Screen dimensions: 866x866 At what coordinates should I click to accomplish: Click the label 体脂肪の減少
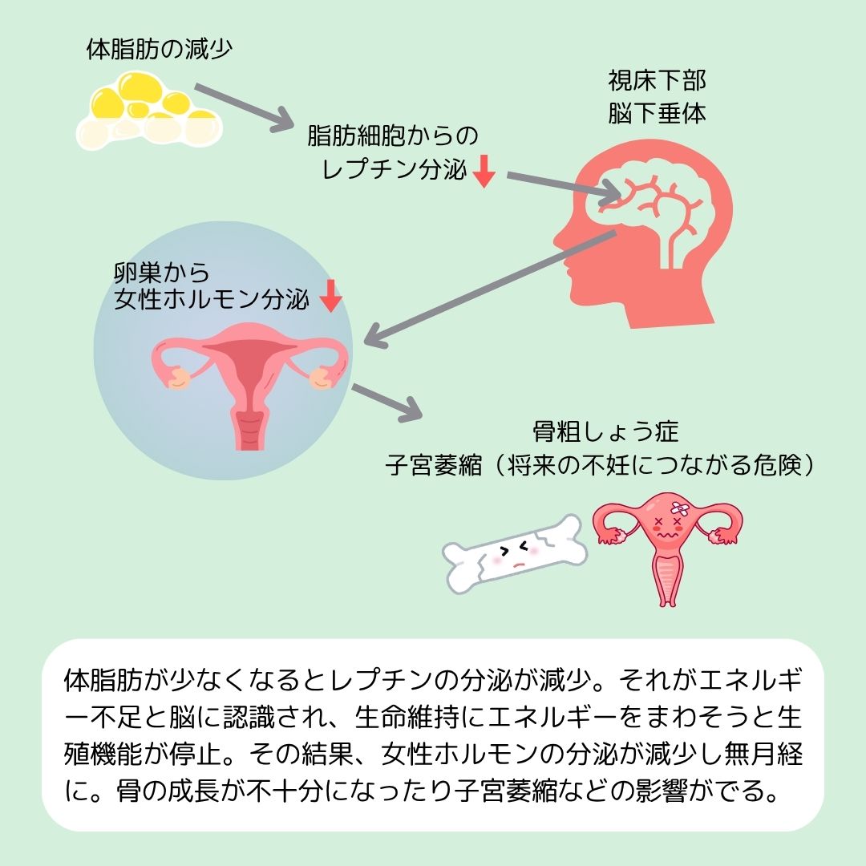(x=159, y=50)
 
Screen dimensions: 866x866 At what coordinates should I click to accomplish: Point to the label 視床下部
(x=657, y=81)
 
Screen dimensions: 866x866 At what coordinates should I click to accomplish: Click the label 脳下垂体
(x=657, y=113)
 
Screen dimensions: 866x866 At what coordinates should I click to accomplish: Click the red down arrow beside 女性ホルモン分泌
(x=330, y=297)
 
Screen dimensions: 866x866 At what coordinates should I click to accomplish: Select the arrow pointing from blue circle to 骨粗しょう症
(x=386, y=401)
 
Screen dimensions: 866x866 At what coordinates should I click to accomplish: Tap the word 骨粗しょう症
(x=605, y=433)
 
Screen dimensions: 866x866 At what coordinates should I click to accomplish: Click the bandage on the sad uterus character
(x=680, y=508)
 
